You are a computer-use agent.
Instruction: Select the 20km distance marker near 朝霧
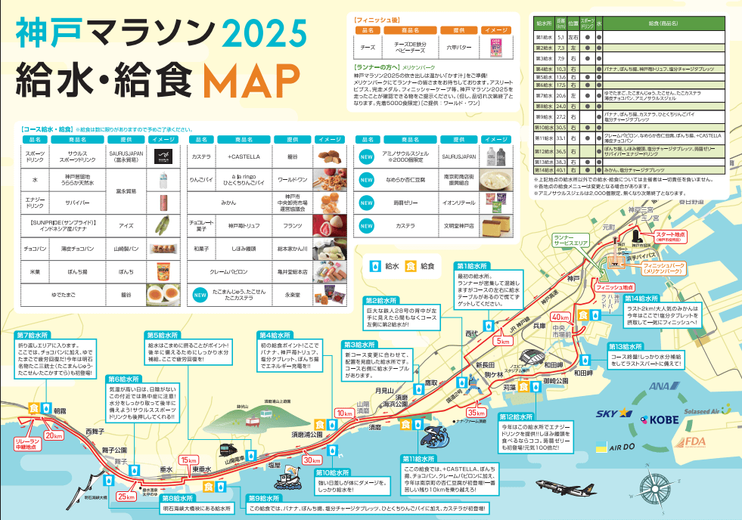[54, 436]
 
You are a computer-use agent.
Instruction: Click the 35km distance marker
[477, 413]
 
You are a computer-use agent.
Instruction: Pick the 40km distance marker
[560, 317]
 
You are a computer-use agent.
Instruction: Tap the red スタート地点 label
[671, 237]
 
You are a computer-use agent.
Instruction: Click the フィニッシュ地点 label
[614, 287]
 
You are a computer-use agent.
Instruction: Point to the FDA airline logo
[697, 441]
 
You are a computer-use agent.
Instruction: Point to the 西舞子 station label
[95, 431]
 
